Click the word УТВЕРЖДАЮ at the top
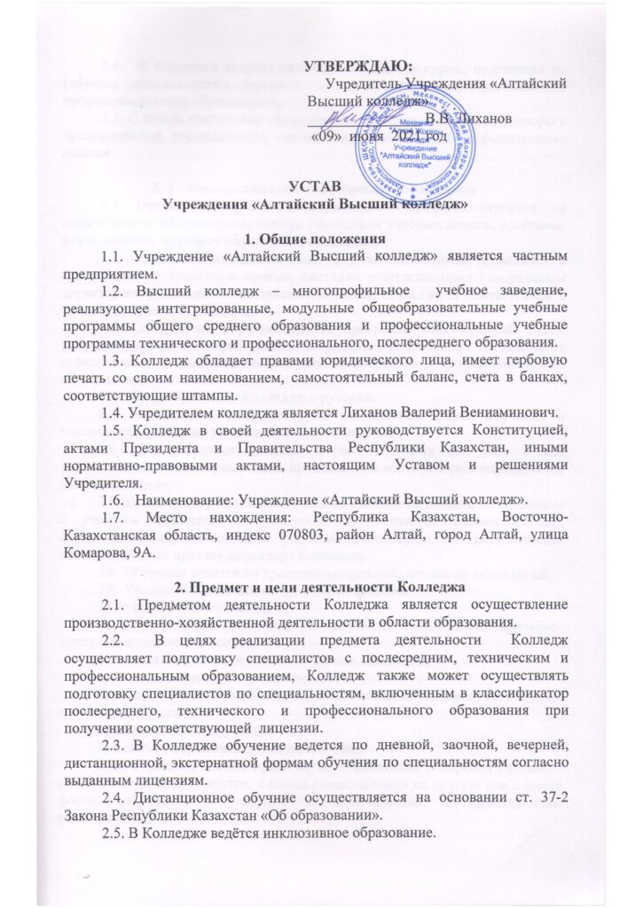coord(358,66)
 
